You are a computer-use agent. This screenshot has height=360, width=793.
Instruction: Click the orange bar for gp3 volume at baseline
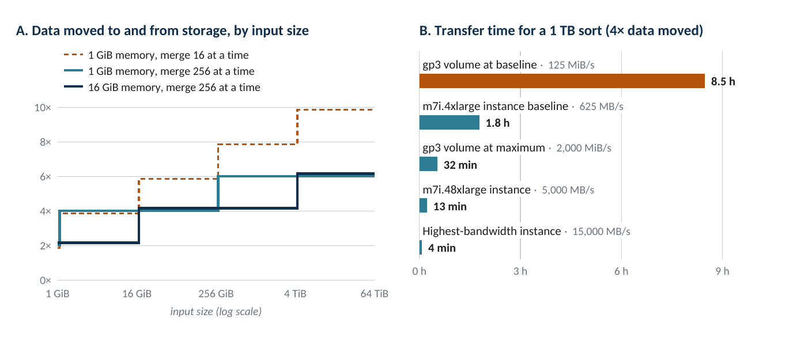562,81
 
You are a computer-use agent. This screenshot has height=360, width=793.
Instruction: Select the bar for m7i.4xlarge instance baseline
450,123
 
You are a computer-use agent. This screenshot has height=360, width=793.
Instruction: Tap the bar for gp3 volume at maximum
428,164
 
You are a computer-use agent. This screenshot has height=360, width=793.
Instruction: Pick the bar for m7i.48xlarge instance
423,205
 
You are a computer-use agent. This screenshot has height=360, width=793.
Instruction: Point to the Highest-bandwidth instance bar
421,247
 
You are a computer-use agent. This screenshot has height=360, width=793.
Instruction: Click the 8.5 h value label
723,81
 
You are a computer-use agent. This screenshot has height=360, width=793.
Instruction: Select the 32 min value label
460,165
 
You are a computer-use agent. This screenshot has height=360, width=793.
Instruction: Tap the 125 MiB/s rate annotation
571,65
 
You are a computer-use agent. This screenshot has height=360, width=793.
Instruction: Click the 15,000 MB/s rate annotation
601,232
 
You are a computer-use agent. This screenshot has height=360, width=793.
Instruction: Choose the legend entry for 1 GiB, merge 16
156,55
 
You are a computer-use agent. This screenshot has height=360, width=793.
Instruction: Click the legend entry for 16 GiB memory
162,87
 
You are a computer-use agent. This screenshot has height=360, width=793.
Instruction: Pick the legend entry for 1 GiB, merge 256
159,71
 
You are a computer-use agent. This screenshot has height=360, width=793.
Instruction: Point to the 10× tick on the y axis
43,108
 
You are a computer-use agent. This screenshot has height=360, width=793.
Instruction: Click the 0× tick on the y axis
46,281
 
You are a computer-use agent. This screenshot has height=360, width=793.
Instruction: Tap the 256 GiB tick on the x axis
216,294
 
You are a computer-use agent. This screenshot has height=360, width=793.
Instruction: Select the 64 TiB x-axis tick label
374,294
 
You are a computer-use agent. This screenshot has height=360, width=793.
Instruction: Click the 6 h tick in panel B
621,271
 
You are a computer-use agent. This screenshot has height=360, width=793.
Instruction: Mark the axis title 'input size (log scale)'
216,312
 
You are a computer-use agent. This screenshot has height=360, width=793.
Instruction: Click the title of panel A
162,31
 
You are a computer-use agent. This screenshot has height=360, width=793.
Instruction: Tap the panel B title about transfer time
561,31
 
